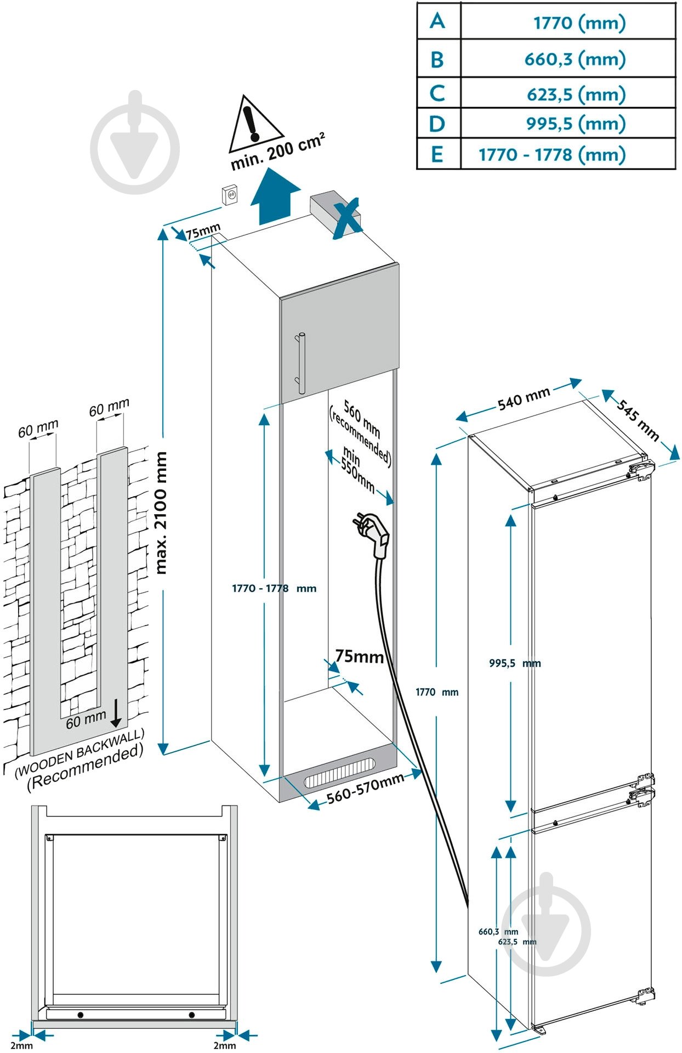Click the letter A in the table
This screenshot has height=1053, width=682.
pyautogui.click(x=437, y=21)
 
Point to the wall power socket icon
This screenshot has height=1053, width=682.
pyautogui.click(x=230, y=195)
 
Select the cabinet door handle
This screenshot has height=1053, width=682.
pyautogui.click(x=300, y=362)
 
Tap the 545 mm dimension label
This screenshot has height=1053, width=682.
pyautogui.click(x=638, y=420)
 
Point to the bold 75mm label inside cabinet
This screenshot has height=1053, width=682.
pyautogui.click(x=359, y=656)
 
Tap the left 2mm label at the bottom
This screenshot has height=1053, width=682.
pyautogui.click(x=21, y=1045)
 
